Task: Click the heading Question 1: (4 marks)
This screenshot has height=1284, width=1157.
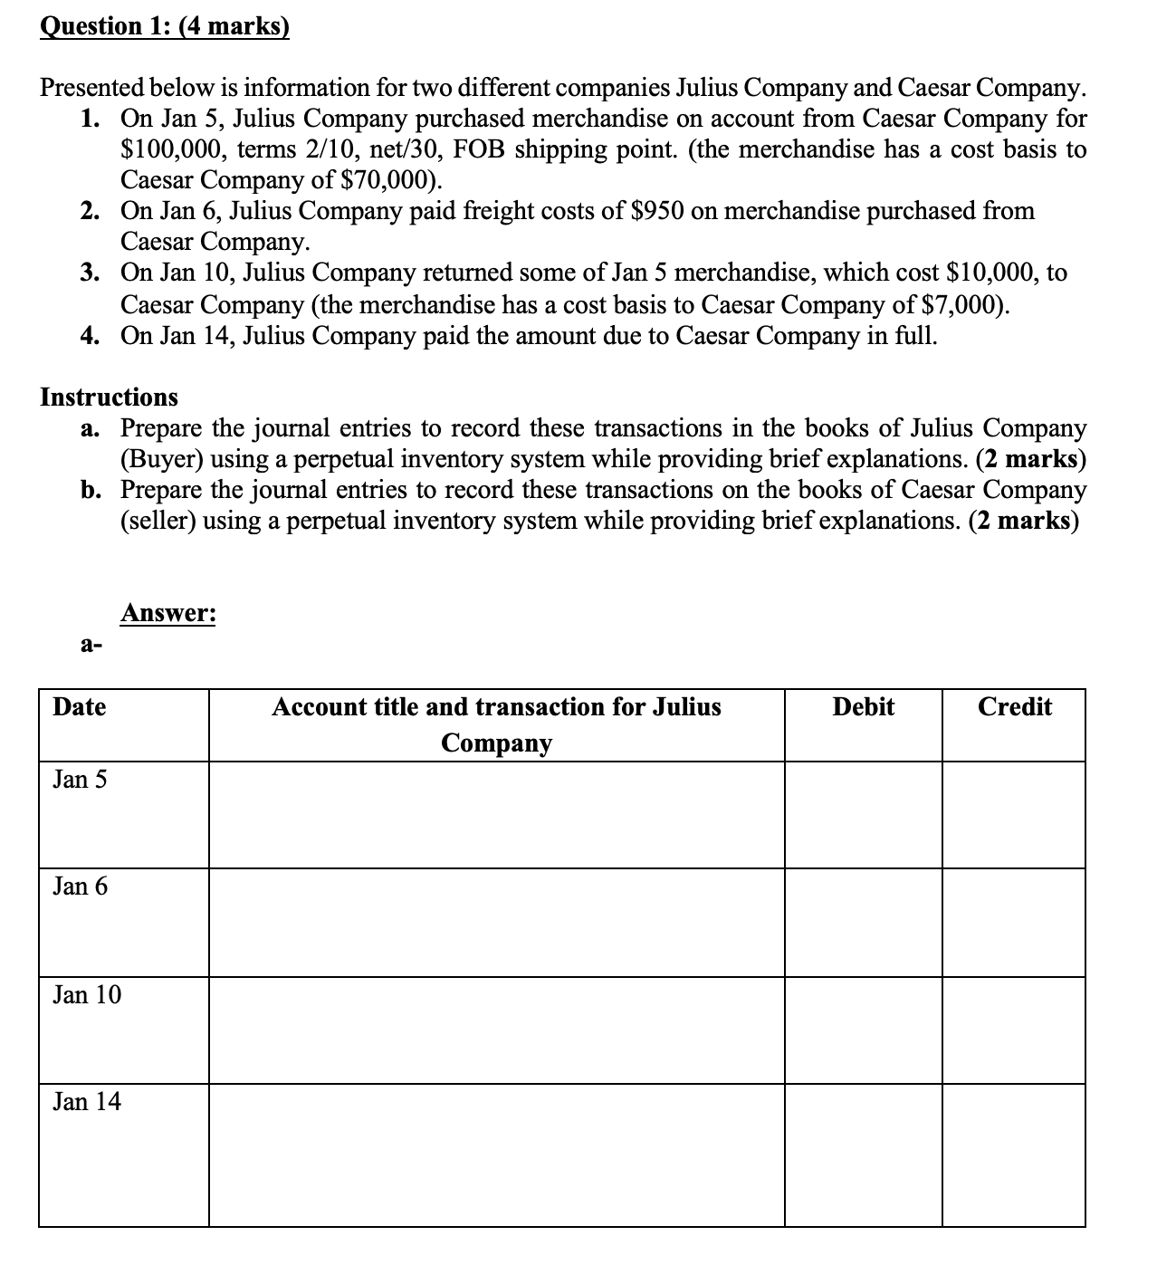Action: [165, 25]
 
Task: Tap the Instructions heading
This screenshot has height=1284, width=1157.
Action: [110, 398]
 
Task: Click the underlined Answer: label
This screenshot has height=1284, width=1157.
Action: [168, 613]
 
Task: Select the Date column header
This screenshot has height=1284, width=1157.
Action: [80, 707]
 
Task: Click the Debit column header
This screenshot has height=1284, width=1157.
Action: [863, 707]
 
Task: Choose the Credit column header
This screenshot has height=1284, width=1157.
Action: [1014, 707]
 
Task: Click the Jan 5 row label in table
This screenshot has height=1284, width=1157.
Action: [80, 780]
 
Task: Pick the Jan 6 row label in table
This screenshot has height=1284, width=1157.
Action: [80, 886]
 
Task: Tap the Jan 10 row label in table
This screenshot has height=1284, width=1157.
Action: [87, 995]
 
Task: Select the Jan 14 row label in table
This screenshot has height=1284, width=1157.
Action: [87, 1102]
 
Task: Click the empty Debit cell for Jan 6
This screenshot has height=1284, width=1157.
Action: [863, 923]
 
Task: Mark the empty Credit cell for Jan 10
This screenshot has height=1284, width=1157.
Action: [1014, 1030]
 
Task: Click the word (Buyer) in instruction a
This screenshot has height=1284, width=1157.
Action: [162, 459]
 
